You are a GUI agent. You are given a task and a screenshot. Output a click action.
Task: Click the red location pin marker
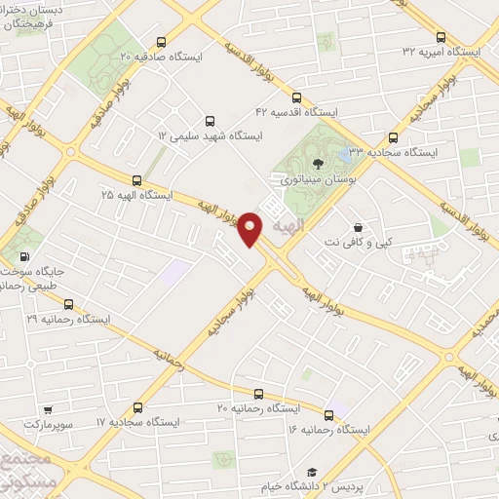click(x=251, y=228)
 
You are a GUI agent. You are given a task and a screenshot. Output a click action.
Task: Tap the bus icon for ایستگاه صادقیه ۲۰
click(x=162, y=42)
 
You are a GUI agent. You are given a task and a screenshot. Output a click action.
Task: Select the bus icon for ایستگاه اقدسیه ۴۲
click(x=297, y=96)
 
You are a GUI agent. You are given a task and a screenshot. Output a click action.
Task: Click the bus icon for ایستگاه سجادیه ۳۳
click(x=394, y=137)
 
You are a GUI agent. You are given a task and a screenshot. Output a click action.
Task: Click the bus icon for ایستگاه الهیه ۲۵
click(x=136, y=180)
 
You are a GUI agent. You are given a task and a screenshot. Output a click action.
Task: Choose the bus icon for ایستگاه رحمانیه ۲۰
click(x=258, y=394)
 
